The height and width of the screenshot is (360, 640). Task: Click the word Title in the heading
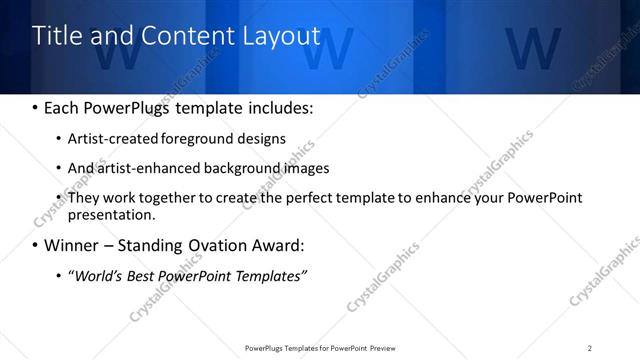coord(57,36)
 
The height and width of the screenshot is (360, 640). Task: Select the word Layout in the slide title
coord(281,36)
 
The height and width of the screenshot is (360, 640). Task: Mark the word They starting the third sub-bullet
coord(84,198)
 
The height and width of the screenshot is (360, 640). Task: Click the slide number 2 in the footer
coord(590,348)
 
